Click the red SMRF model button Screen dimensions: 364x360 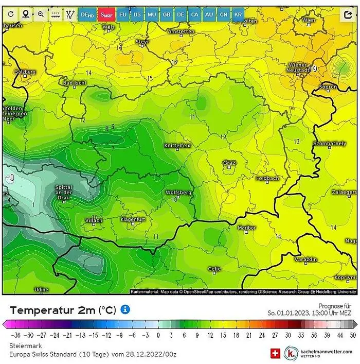(107, 14)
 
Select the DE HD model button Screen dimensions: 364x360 (86, 14)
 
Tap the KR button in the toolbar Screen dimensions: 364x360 (238, 14)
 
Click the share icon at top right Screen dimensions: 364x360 (348, 14)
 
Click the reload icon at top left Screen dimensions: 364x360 (11, 14)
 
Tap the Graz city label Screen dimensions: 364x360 (229, 163)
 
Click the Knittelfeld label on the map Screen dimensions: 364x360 (177, 146)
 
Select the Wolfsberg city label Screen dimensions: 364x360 (178, 193)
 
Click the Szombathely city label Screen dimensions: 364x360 (330, 143)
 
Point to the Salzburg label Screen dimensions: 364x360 (25, 72)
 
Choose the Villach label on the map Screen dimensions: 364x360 (94, 220)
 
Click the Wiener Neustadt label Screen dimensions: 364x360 (298, 67)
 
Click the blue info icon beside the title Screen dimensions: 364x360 (125, 309)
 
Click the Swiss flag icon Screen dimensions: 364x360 (275, 353)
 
